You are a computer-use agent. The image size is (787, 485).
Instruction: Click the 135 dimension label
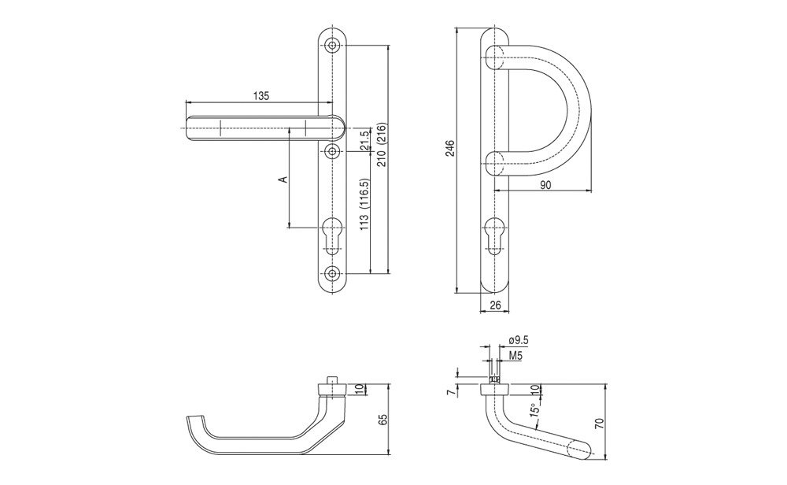click(260, 95)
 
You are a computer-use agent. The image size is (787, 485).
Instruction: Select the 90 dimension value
click(545, 185)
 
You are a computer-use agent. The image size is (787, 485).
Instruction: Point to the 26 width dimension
click(495, 304)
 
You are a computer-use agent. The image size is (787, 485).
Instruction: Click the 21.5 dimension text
click(365, 140)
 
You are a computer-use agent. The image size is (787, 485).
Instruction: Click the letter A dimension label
click(283, 179)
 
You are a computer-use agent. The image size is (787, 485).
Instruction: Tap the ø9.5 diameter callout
click(519, 340)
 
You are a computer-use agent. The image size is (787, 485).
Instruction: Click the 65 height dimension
click(384, 420)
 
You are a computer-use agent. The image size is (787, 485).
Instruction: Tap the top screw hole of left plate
click(332, 45)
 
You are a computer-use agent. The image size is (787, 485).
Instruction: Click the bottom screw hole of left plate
click(332, 273)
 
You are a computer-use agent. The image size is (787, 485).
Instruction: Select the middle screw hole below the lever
click(332, 150)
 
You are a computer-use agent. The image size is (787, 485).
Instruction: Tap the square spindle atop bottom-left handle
click(331, 379)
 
